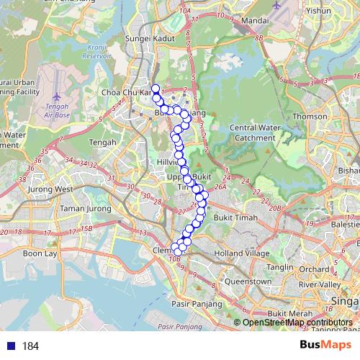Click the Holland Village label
[x=245, y=253]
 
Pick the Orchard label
[x=314, y=270]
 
